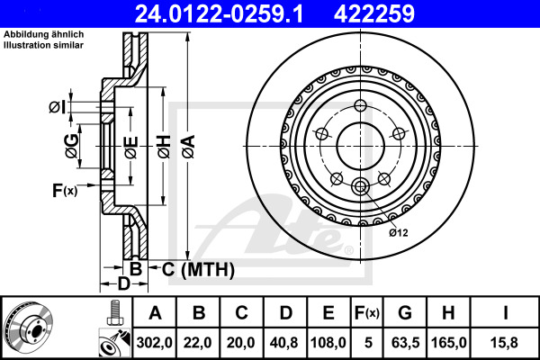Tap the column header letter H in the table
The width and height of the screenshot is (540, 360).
(447, 313)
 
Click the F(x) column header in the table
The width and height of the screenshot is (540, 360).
(366, 313)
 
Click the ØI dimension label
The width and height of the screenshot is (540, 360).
(58, 108)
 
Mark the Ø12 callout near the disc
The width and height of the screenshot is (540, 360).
(399, 232)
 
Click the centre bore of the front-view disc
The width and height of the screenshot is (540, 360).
(361, 143)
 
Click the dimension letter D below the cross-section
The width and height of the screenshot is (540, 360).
(126, 284)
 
